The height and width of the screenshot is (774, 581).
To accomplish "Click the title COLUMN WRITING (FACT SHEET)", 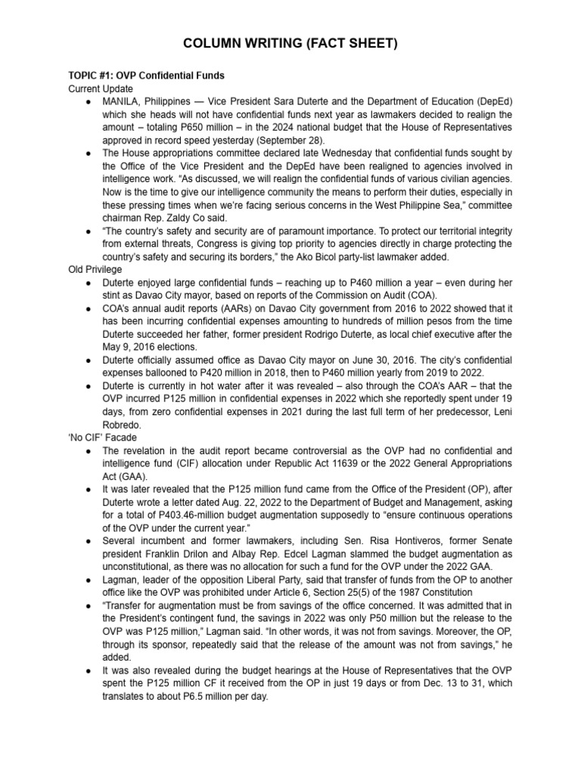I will coord(290,45).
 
